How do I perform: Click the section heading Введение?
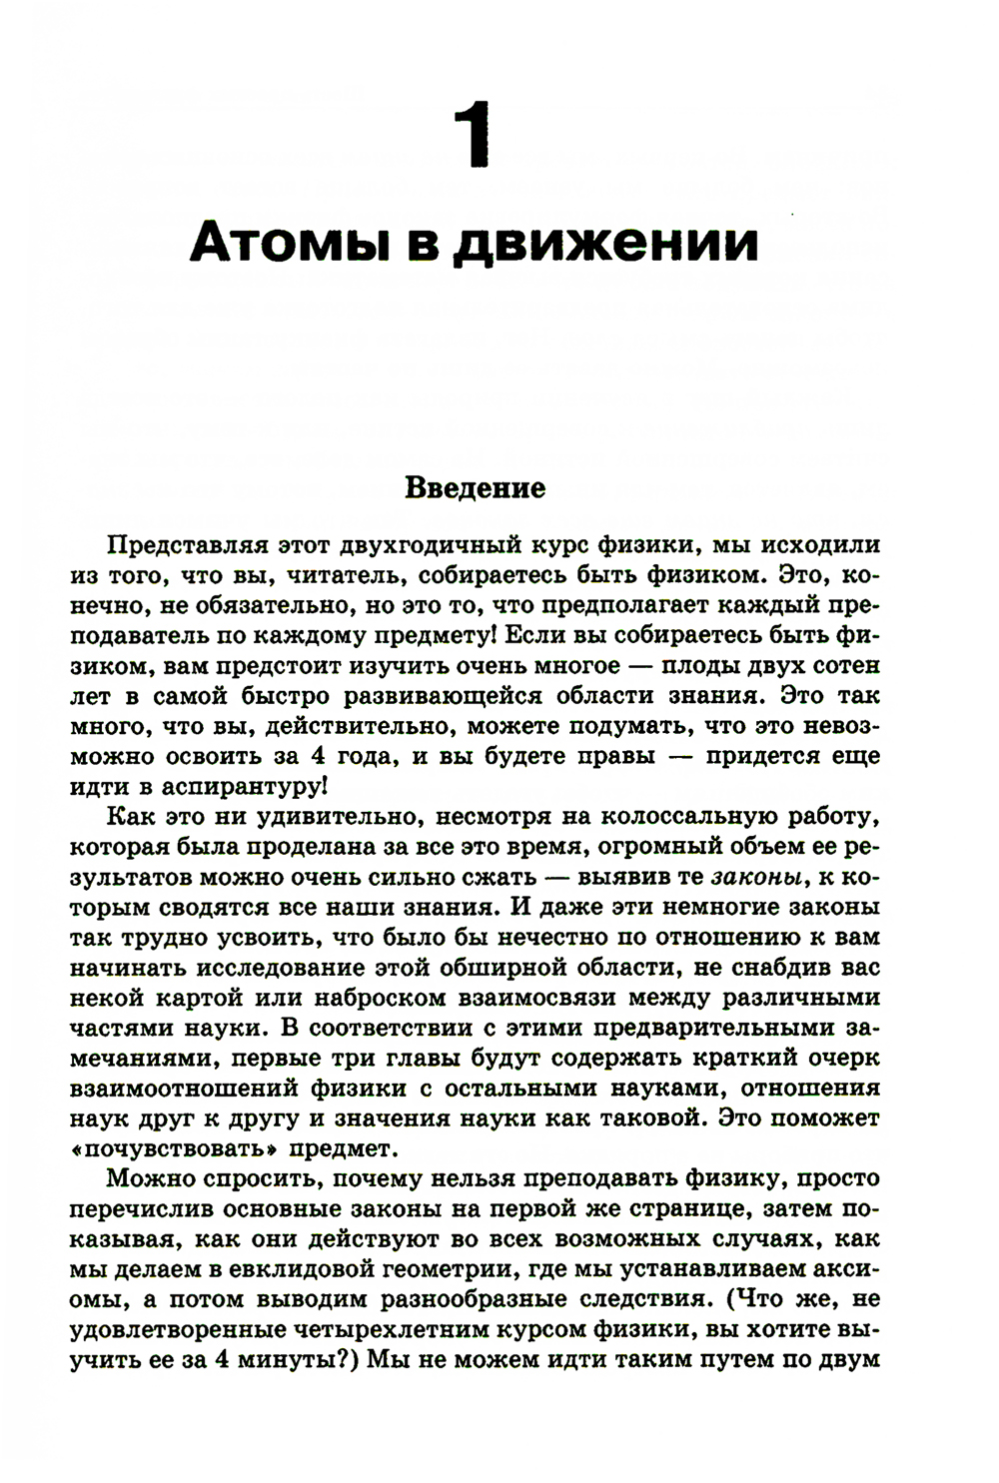pyautogui.click(x=475, y=488)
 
